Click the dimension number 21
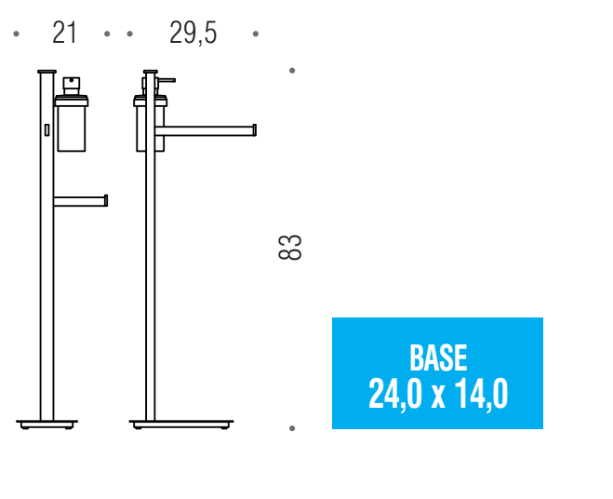coord(64,33)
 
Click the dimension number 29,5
coord(193,34)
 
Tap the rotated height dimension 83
coord(289,248)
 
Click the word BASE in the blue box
coord(438,357)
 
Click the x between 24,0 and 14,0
coord(438,398)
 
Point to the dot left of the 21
coord(16,34)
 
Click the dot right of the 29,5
coord(256,34)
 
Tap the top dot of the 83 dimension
coord(292,71)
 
